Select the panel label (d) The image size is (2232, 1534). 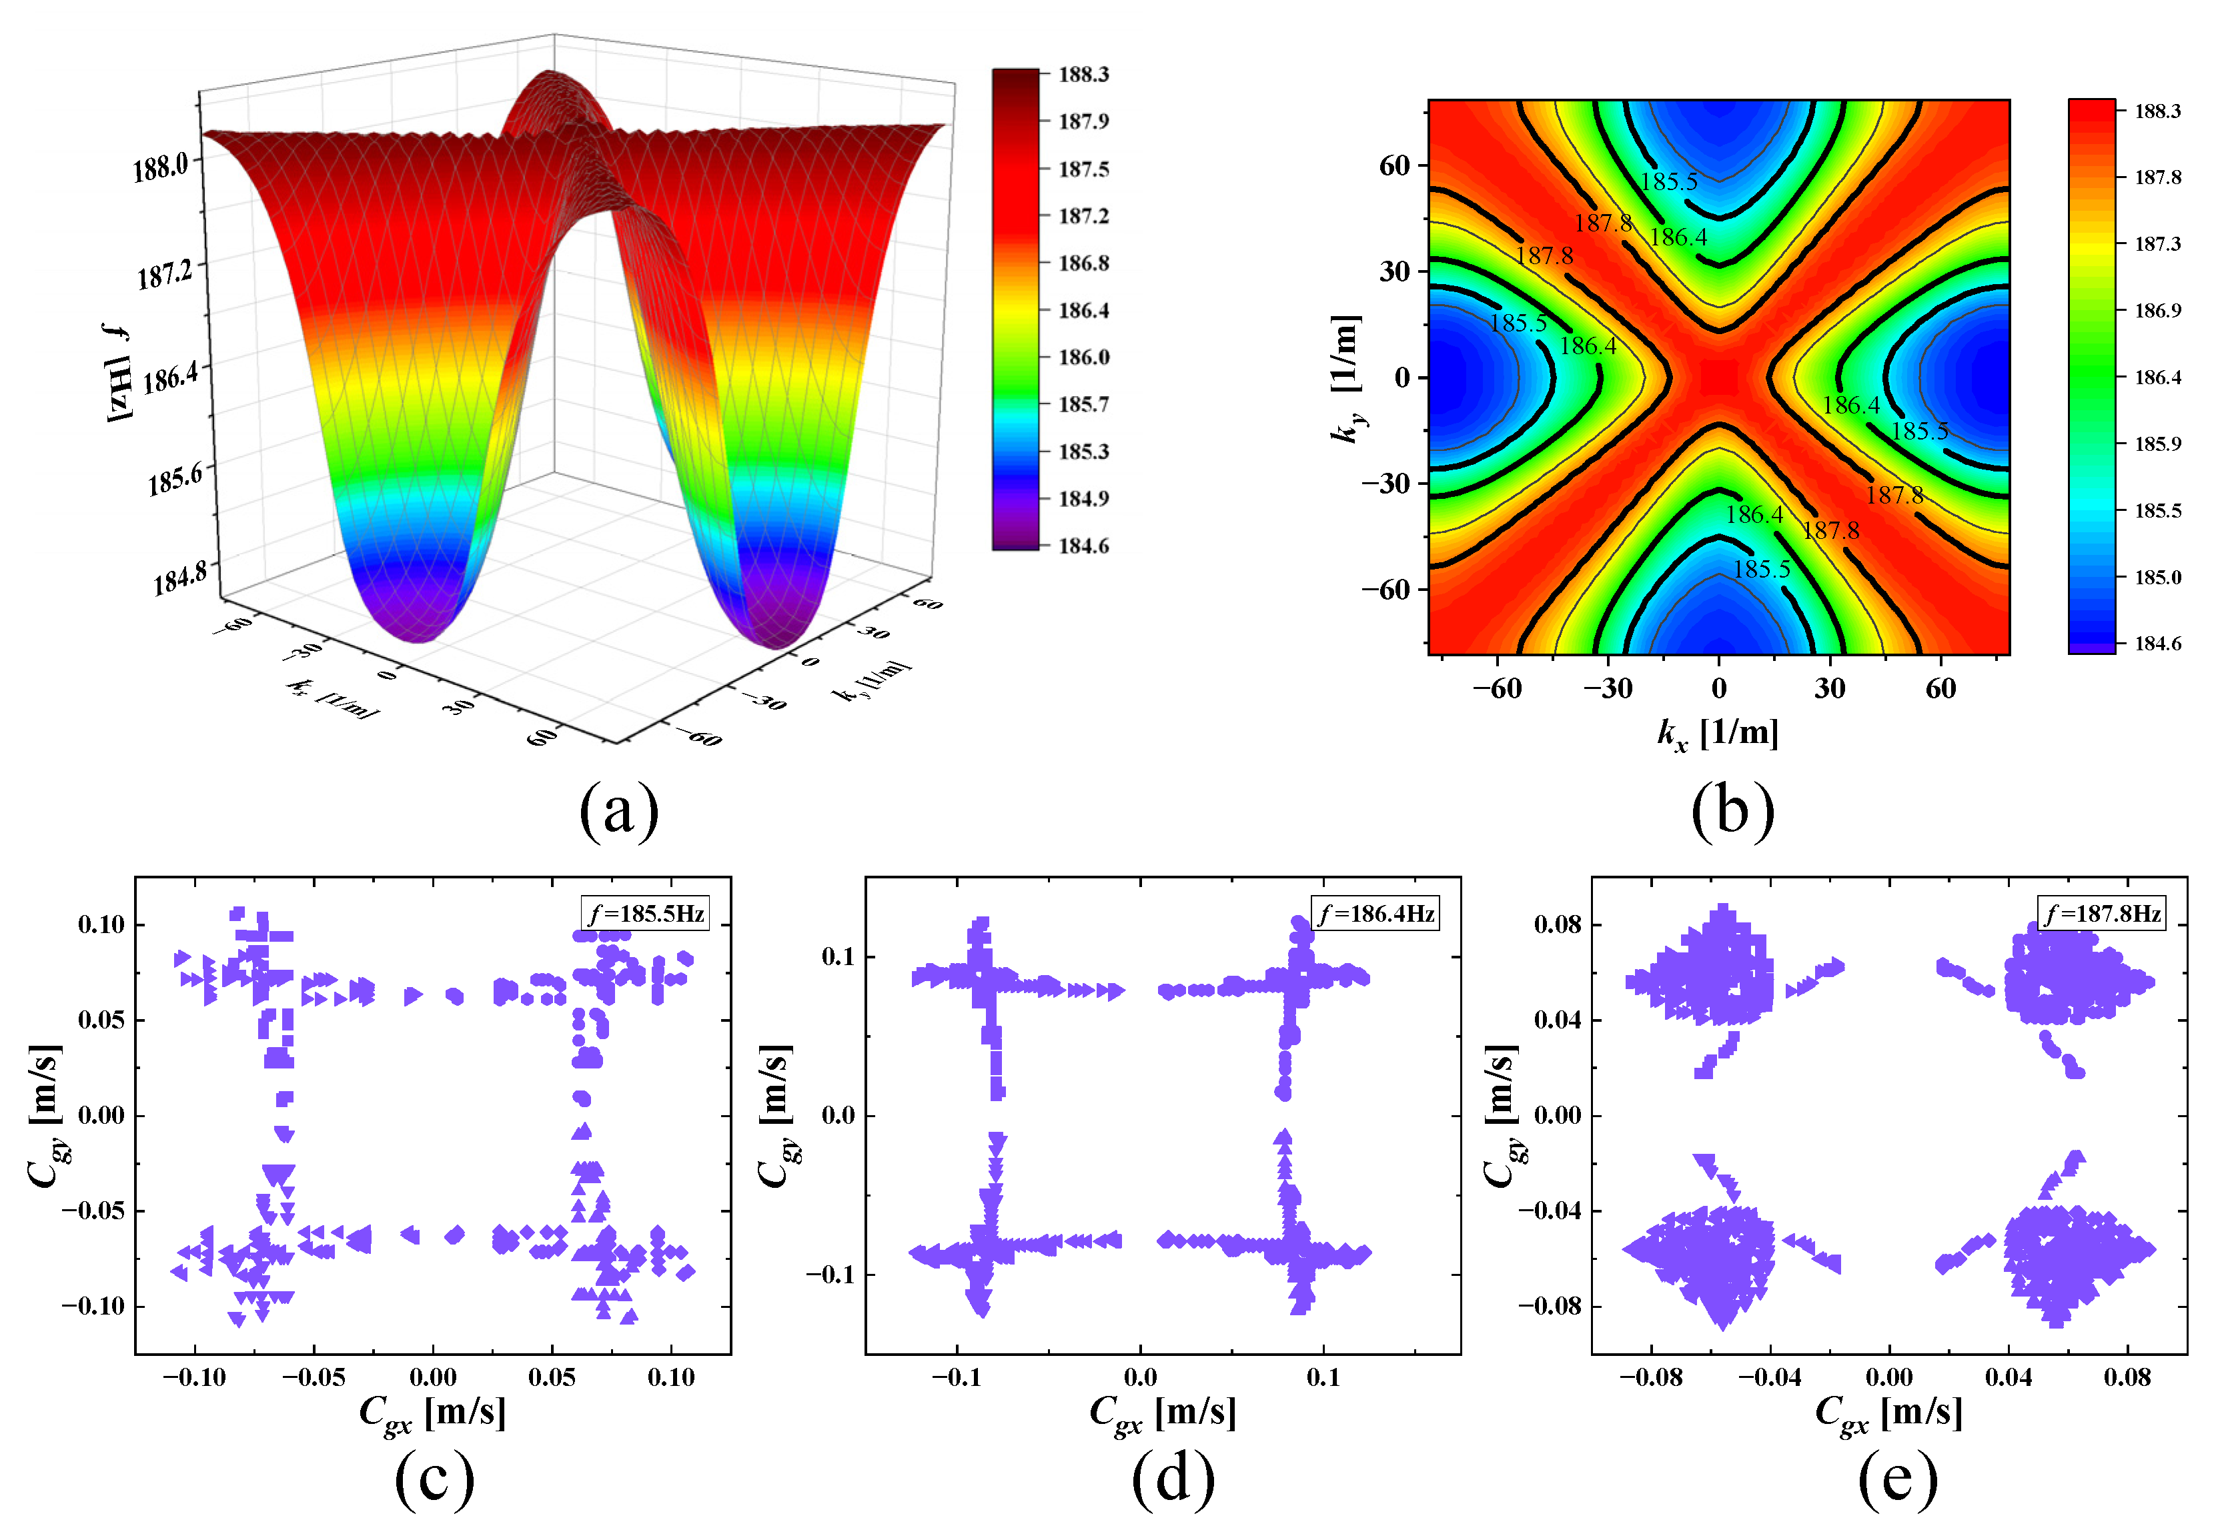[1173, 1477]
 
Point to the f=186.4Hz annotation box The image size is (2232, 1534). [1375, 912]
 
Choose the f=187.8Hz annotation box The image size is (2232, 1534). [2102, 912]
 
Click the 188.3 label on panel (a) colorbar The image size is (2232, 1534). [1083, 74]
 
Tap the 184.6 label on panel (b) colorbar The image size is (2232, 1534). [2158, 643]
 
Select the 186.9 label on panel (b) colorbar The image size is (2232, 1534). [2158, 310]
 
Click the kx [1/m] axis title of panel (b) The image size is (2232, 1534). [1718, 734]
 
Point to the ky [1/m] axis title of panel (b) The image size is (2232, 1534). [1347, 377]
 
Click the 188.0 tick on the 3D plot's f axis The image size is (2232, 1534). [161, 168]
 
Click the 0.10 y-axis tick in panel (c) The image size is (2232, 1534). [102, 924]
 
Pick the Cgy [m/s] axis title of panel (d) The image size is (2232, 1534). [776, 1115]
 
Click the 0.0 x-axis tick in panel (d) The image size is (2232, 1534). [1141, 1377]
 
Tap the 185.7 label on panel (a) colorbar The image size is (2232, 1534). [1083, 404]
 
